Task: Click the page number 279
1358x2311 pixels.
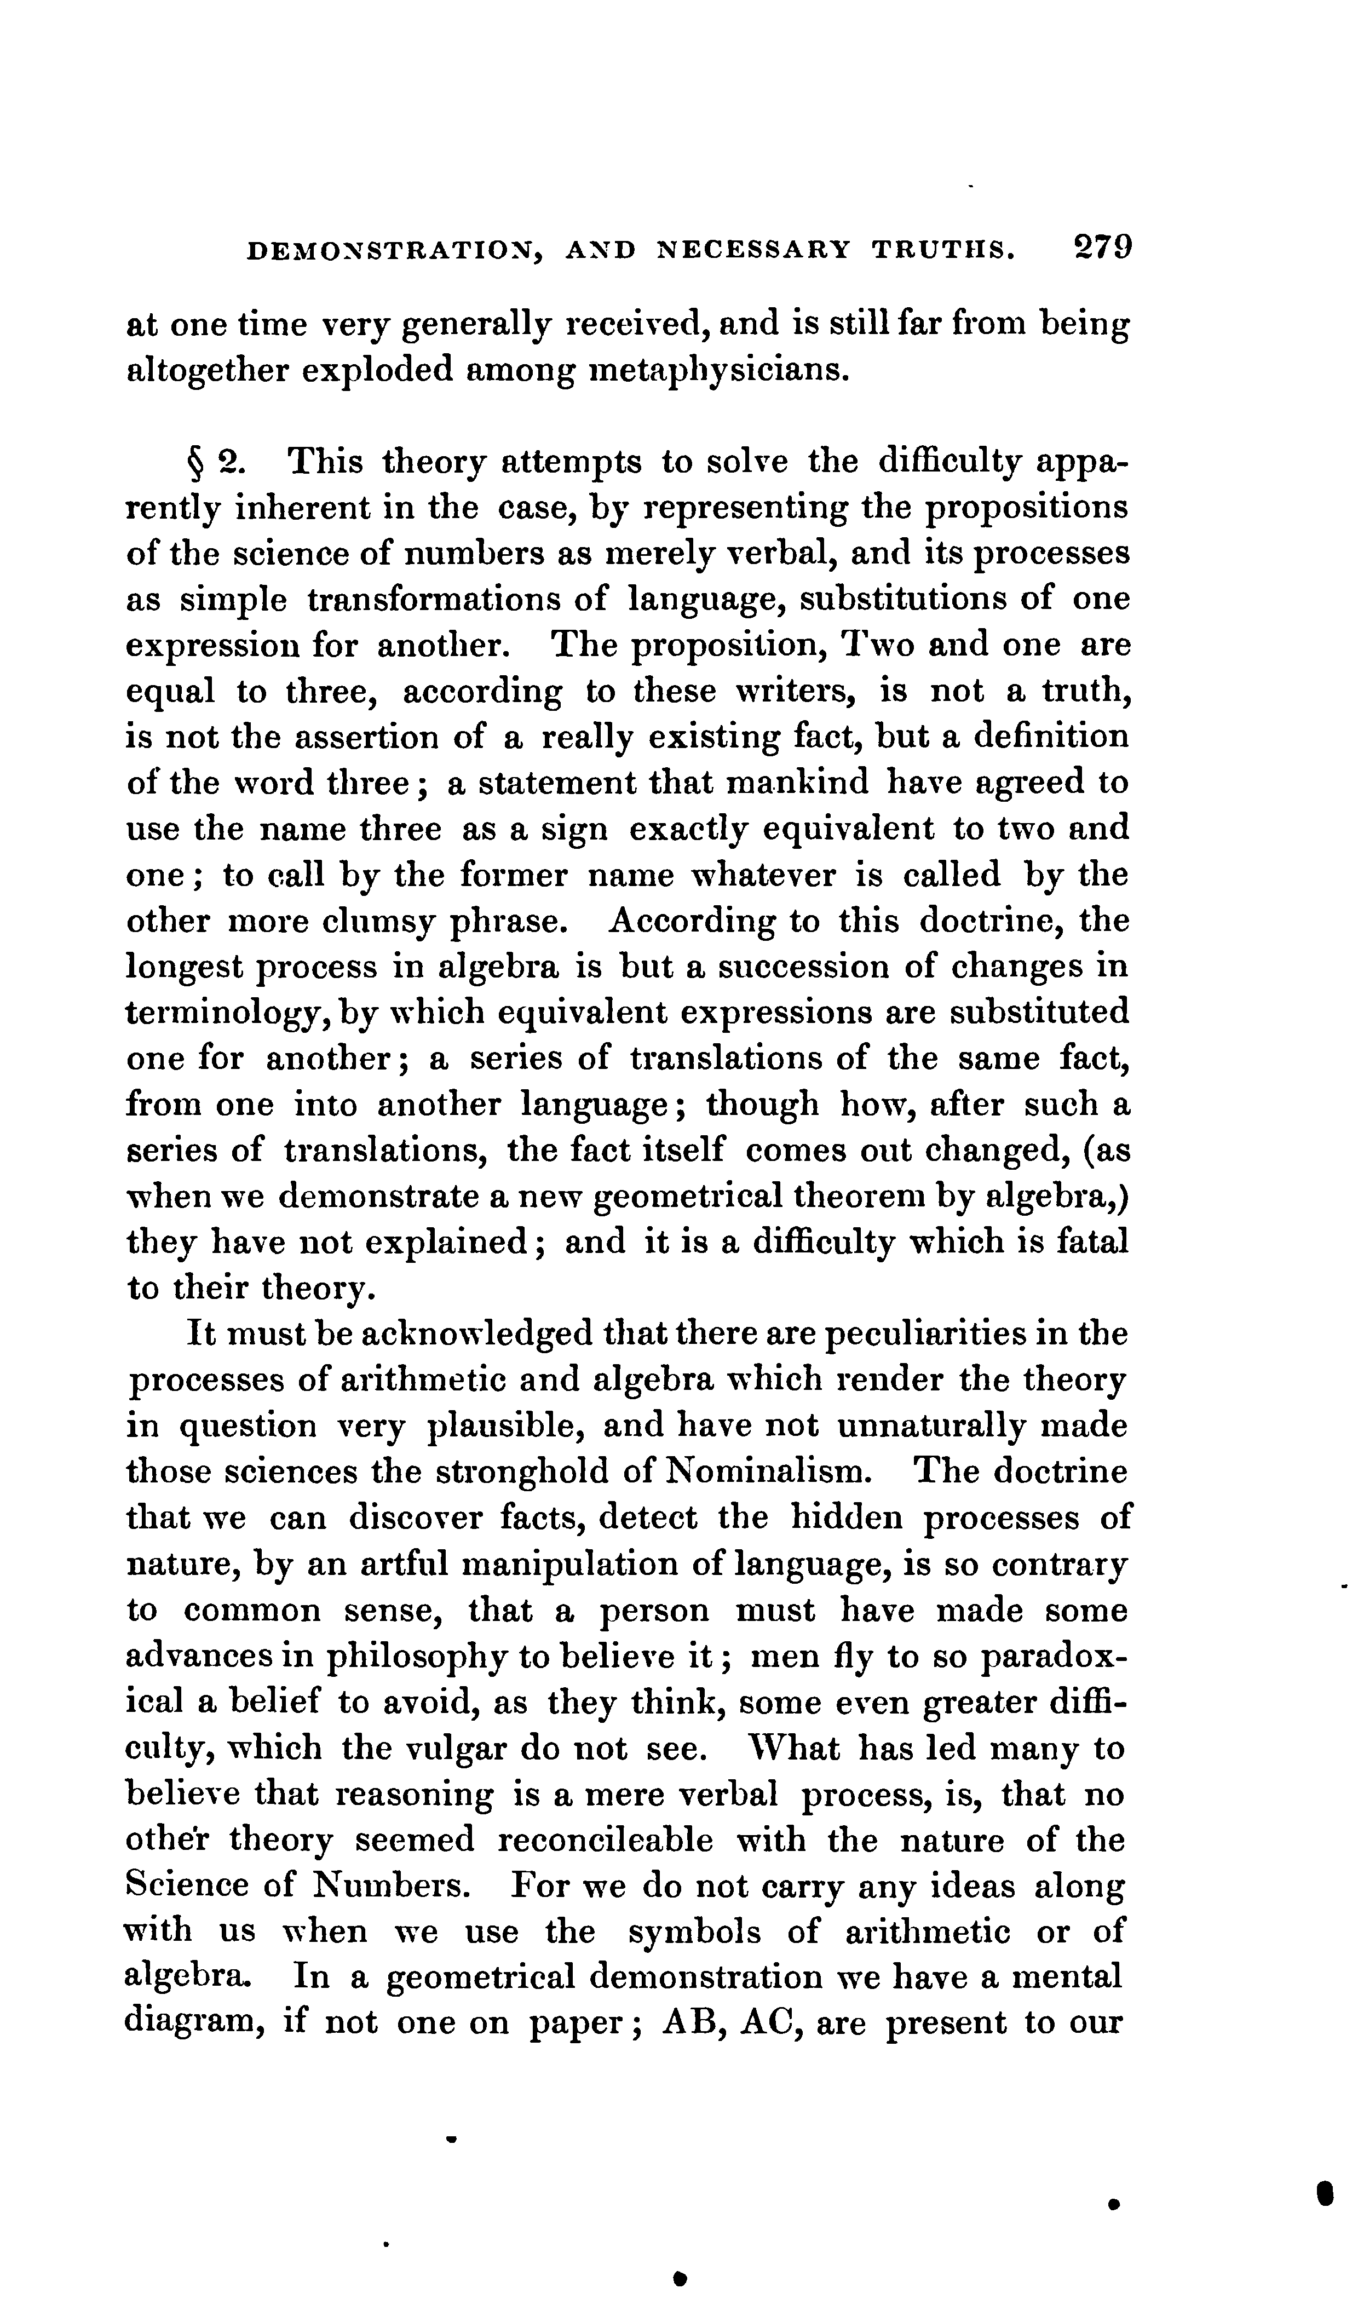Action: click(x=1104, y=249)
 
